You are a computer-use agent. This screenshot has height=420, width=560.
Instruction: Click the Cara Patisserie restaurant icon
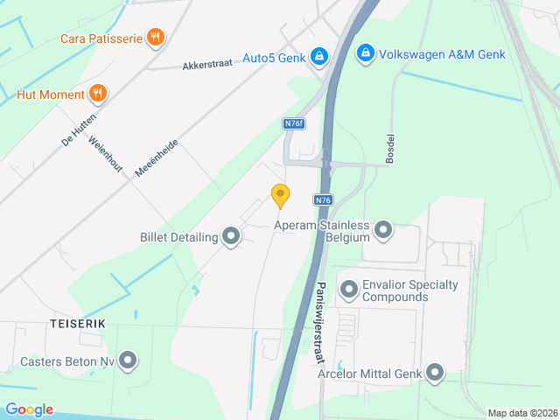(x=156, y=37)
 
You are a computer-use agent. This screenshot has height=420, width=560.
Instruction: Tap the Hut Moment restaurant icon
(x=98, y=94)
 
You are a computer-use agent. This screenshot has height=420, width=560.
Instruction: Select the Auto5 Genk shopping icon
(x=319, y=57)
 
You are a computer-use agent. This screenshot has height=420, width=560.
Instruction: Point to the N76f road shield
(x=294, y=124)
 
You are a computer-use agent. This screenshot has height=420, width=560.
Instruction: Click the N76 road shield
(x=324, y=200)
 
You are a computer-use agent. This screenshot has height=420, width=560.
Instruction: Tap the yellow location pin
(x=280, y=196)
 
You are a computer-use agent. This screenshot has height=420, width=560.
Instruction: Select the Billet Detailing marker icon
(x=231, y=236)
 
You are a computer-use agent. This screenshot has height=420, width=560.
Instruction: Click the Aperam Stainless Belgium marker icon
(x=383, y=231)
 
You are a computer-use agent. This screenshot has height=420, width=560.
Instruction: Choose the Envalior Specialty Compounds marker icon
(x=349, y=288)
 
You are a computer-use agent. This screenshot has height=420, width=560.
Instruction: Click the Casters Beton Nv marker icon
(x=129, y=360)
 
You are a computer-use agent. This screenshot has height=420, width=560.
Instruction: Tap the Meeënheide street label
(x=157, y=157)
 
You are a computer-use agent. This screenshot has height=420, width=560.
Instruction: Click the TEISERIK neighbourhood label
(x=78, y=324)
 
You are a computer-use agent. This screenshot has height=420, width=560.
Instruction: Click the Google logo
(x=29, y=409)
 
